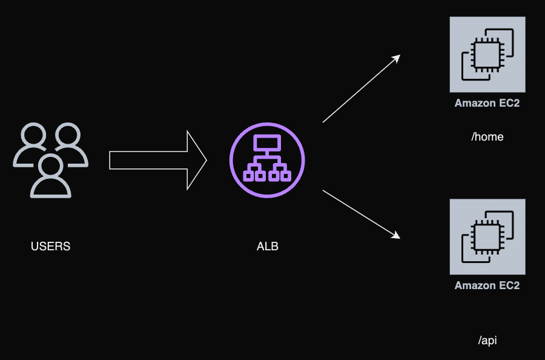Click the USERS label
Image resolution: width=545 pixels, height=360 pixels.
tap(50, 247)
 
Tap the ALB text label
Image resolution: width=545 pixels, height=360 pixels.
tap(267, 247)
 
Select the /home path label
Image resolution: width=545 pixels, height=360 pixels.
tap(487, 136)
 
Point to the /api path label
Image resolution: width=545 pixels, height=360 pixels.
tap(487, 341)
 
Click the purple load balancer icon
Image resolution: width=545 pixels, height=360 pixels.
tap(267, 160)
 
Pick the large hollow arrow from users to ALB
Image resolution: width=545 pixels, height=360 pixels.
tap(157, 160)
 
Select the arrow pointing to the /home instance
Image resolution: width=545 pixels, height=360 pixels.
tap(361, 88)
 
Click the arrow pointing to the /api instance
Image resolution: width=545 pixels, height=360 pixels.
tap(361, 213)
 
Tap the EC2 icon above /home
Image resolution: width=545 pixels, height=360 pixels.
tap(487, 55)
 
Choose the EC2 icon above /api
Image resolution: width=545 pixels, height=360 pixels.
tap(487, 236)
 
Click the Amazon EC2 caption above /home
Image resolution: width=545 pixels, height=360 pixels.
tap(487, 103)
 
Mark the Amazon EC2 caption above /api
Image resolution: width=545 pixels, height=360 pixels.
tap(487, 285)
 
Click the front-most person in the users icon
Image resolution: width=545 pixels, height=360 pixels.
tap(51, 176)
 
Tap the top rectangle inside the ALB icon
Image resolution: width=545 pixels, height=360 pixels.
tap(267, 144)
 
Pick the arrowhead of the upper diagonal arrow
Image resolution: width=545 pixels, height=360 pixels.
tap(396, 58)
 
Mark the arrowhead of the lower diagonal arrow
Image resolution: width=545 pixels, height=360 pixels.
tap(396, 235)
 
